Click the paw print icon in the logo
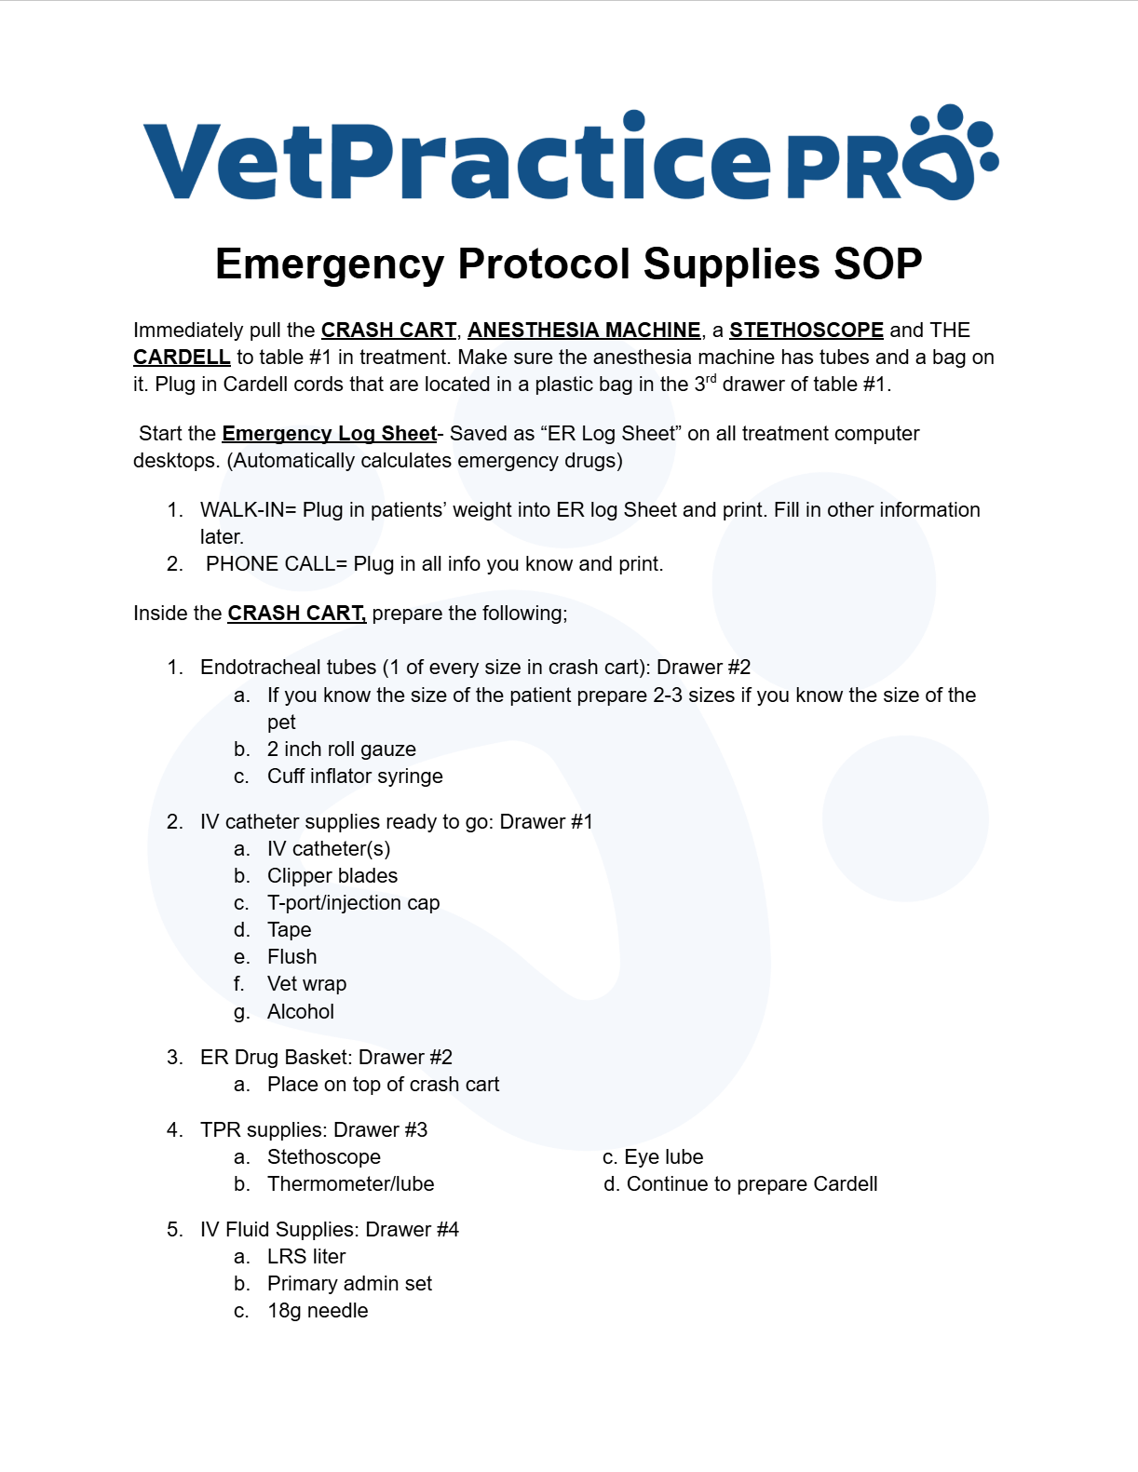(x=950, y=154)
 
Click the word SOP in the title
(x=877, y=264)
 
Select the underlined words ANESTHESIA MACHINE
(x=584, y=331)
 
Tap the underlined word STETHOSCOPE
(x=806, y=331)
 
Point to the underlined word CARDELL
(x=182, y=358)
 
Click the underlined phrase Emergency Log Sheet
(x=329, y=434)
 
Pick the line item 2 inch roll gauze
(x=341, y=750)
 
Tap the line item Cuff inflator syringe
(x=355, y=777)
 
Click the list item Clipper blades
(x=332, y=876)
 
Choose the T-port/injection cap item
(x=353, y=903)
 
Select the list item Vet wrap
(x=306, y=984)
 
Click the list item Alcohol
(x=300, y=1012)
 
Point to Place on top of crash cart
(x=383, y=1085)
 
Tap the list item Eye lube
(x=663, y=1157)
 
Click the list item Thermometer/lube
(x=350, y=1184)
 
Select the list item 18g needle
(x=318, y=1311)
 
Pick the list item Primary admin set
(x=349, y=1284)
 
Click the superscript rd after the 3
(x=711, y=379)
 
